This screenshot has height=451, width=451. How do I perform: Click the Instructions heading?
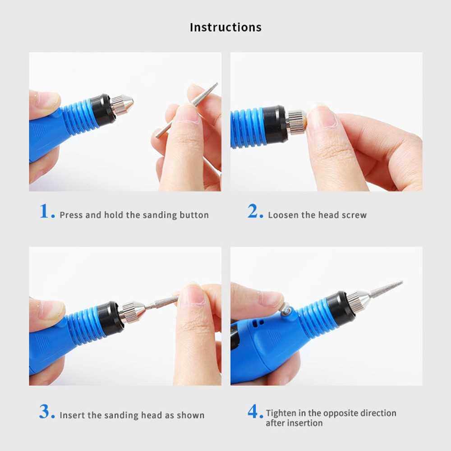[225, 28]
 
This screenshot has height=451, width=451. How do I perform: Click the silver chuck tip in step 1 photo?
[122, 105]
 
